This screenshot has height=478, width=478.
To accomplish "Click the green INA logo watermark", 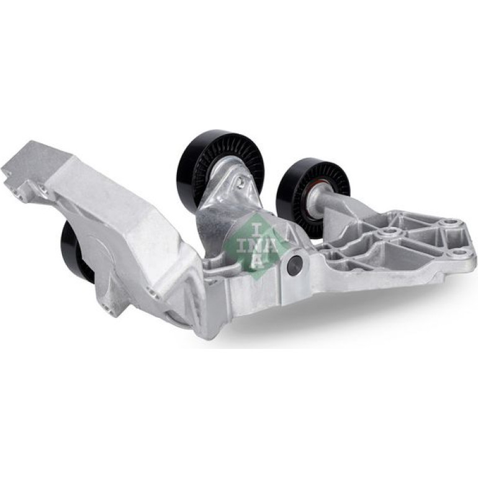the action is tap(255, 243).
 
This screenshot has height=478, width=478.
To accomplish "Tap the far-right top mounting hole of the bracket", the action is tap(453, 222).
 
